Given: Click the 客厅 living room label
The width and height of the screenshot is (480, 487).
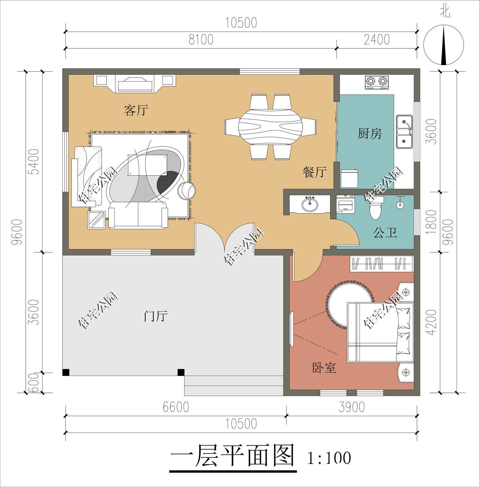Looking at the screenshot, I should tap(136, 111).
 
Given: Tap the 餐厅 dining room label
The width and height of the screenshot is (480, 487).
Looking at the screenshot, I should tap(314, 172).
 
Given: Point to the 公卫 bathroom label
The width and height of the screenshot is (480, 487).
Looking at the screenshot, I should tap(385, 232).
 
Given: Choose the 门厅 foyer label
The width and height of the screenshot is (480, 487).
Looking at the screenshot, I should tap(156, 316).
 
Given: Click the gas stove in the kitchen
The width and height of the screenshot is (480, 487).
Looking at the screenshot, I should tap(377, 82).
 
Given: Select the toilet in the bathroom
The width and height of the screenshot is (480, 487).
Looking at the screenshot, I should tap(375, 208).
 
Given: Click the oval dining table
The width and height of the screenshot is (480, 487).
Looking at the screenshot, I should tap(271, 127).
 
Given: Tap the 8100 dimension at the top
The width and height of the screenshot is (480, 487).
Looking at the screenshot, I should tap(201, 40).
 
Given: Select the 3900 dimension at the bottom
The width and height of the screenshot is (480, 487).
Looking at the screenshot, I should tap(351, 407).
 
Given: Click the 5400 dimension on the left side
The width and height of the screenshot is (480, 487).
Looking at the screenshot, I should tap(34, 161).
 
